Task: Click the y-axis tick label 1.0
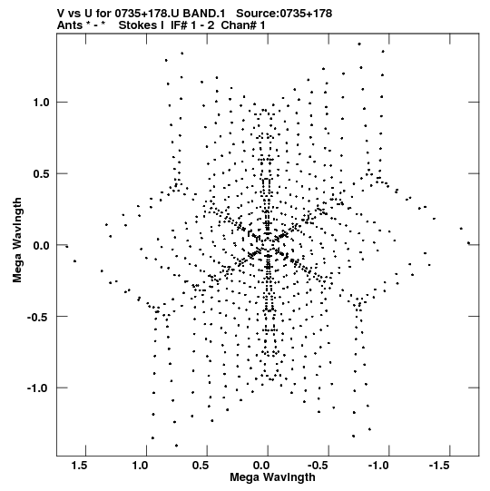point(42,102)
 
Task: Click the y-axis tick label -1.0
point(38,388)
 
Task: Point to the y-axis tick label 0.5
point(42,173)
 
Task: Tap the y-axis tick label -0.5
point(38,317)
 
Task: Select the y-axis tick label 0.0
point(42,245)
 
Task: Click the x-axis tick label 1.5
point(79,466)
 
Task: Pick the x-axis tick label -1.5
point(438,466)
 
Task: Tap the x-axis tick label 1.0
point(140,466)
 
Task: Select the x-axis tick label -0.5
point(318,466)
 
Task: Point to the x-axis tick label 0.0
point(261,466)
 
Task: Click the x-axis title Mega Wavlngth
point(272,477)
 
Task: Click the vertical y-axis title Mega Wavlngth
point(17,241)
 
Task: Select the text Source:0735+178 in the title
point(284,14)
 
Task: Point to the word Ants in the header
point(70,25)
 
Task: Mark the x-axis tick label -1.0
point(377,466)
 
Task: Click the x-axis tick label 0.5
point(201,466)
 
